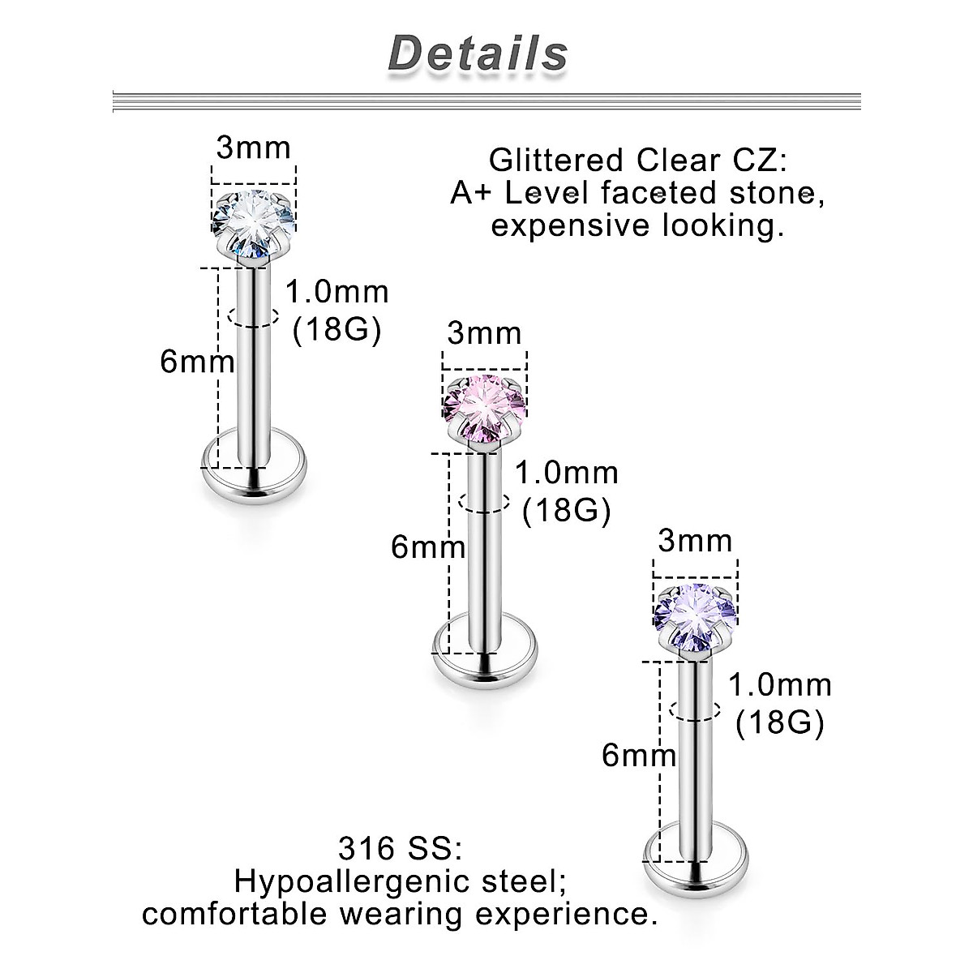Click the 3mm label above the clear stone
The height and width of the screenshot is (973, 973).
pos(253,148)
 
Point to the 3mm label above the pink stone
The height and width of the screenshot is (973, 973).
pos(484,333)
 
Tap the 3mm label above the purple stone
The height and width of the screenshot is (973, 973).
pos(695,541)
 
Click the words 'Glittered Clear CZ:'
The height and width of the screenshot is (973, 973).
pos(638,160)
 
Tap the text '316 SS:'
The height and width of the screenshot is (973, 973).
pos(401,851)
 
